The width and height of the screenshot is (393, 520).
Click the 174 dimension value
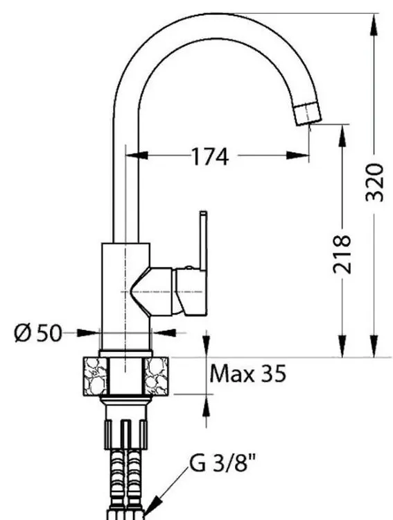pos(210,156)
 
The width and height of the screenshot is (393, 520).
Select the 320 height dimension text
pos(374,183)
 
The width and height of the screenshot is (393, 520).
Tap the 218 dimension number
pos(342,254)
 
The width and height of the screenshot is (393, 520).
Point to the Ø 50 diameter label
pos(38,333)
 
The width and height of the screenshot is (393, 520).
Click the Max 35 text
pos(247,374)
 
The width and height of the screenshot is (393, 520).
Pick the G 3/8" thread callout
pos(222,463)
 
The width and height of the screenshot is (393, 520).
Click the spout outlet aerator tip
pos(308,114)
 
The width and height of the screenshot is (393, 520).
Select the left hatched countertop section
pos(96,376)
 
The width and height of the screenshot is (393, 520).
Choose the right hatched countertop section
pos(156,376)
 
